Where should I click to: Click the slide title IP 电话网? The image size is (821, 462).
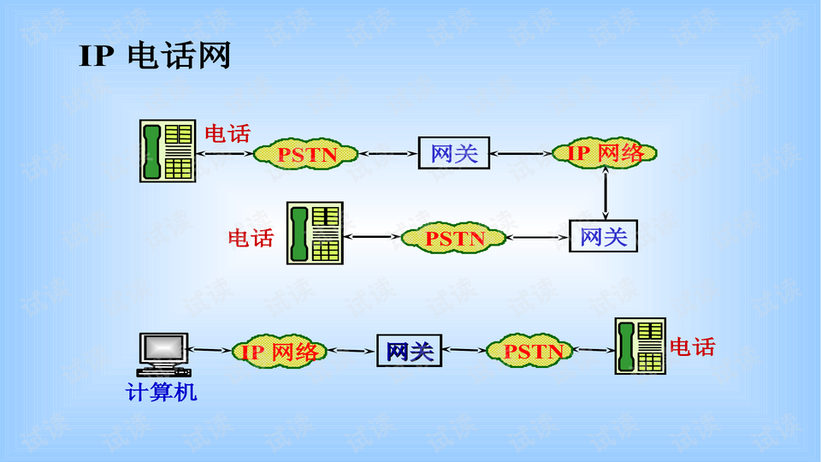click(155, 56)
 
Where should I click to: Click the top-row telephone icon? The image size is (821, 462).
click(167, 151)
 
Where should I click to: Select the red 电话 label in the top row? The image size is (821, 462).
click(227, 133)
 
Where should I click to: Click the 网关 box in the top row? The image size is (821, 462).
click(453, 154)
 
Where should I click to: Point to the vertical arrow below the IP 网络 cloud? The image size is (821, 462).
click(605, 193)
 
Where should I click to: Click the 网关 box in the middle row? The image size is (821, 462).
click(604, 236)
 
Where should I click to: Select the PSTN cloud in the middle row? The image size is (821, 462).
click(454, 238)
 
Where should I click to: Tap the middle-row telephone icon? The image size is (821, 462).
click(314, 233)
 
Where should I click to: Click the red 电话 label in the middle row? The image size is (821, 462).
click(251, 238)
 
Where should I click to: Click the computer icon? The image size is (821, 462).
click(163, 354)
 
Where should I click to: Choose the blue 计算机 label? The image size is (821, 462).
click(162, 393)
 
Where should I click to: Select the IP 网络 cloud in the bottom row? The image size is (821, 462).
click(280, 352)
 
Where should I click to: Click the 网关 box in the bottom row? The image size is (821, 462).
click(410, 351)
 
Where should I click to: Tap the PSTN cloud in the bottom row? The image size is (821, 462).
click(530, 351)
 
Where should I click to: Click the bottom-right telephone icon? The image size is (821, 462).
click(641, 346)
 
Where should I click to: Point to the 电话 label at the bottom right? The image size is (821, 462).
click(692, 346)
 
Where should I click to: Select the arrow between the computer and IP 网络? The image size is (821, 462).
click(210, 350)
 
